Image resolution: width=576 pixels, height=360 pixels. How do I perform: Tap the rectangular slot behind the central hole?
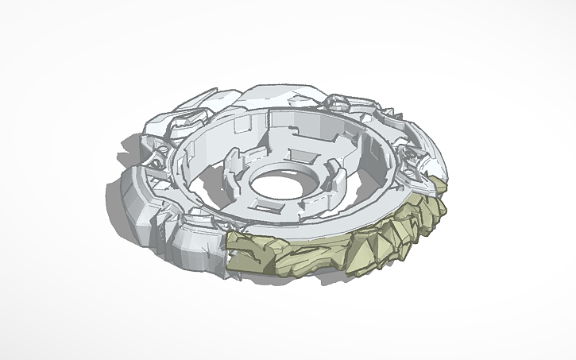point(303,154)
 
